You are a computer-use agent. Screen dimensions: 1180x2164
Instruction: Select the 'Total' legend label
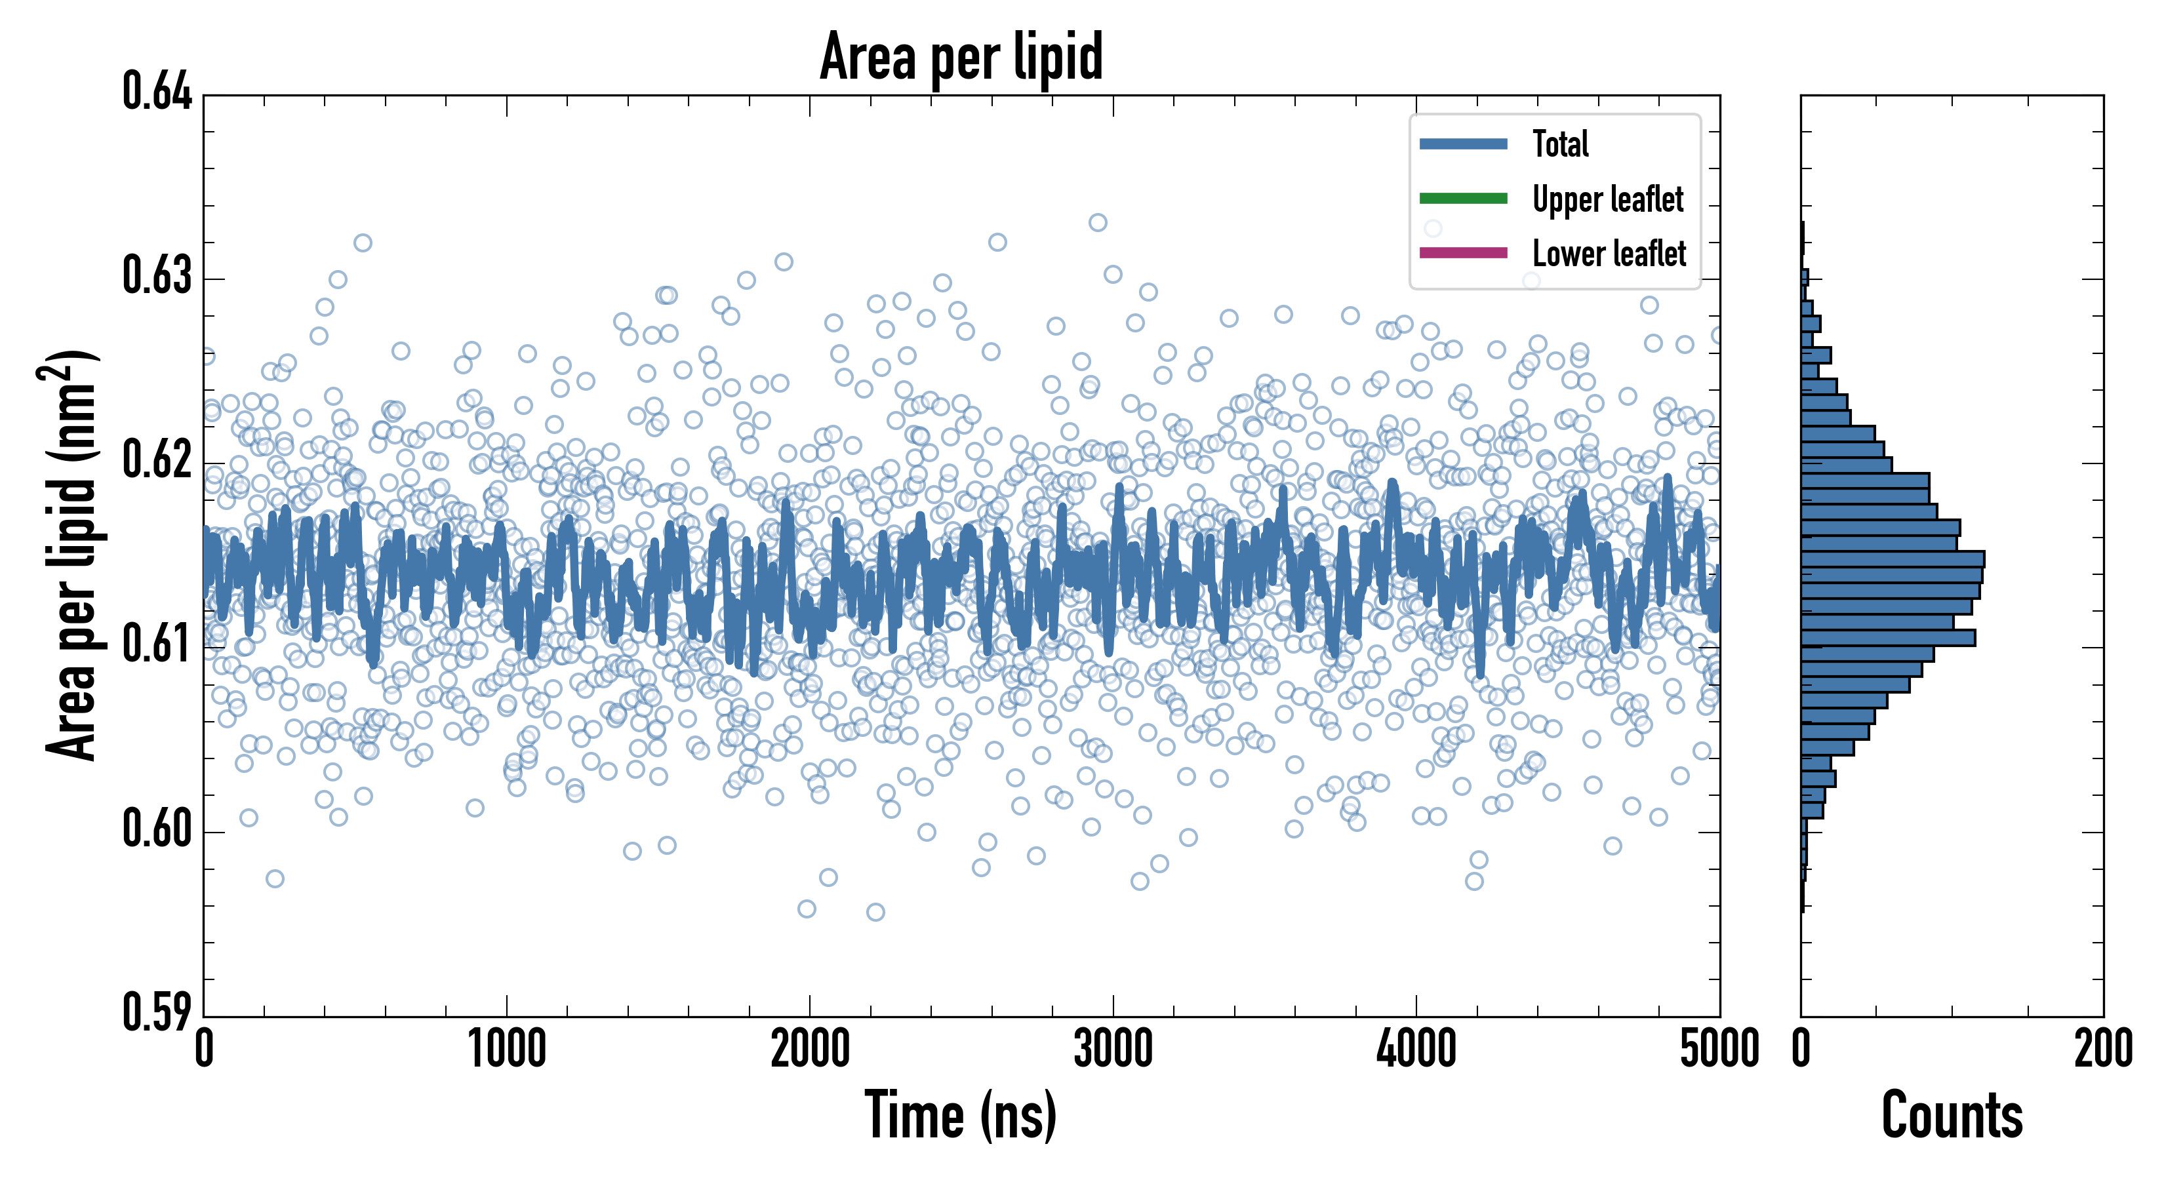click(x=1560, y=144)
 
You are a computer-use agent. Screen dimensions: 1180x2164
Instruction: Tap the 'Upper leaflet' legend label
click(x=1607, y=199)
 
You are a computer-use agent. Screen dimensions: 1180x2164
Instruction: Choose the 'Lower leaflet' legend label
click(x=1609, y=253)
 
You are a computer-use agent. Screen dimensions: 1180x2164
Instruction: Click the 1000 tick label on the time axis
click(x=506, y=1050)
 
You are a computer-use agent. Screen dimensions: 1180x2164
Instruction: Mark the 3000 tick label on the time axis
click(x=1113, y=1050)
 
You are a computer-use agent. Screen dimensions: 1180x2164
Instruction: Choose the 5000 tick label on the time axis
click(x=1719, y=1050)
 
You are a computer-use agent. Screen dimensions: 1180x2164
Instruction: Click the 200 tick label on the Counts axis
click(x=2102, y=1050)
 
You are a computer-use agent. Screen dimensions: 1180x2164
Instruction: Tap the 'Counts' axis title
click(x=1952, y=1114)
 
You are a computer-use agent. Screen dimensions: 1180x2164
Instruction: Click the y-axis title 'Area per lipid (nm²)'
click(x=71, y=555)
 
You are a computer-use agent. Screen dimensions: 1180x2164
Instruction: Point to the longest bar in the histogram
click(x=1892, y=559)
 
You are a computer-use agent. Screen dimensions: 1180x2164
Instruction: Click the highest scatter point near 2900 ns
click(x=1098, y=223)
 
